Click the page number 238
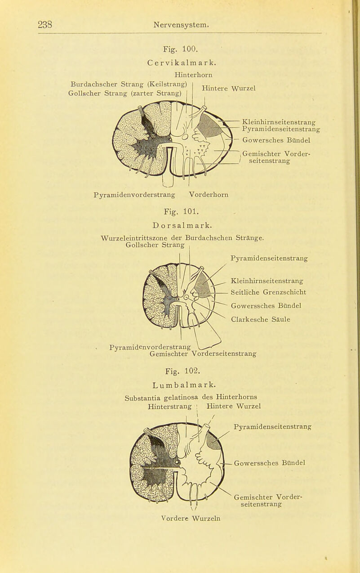(x=46, y=23)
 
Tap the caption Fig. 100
(x=178, y=46)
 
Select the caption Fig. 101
(x=179, y=209)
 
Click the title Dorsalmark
(x=179, y=222)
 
